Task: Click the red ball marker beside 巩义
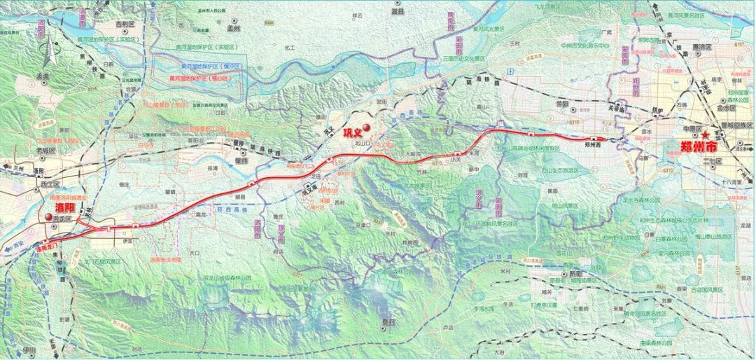[365, 127]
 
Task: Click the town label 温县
[398, 12]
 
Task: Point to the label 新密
[576, 274]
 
